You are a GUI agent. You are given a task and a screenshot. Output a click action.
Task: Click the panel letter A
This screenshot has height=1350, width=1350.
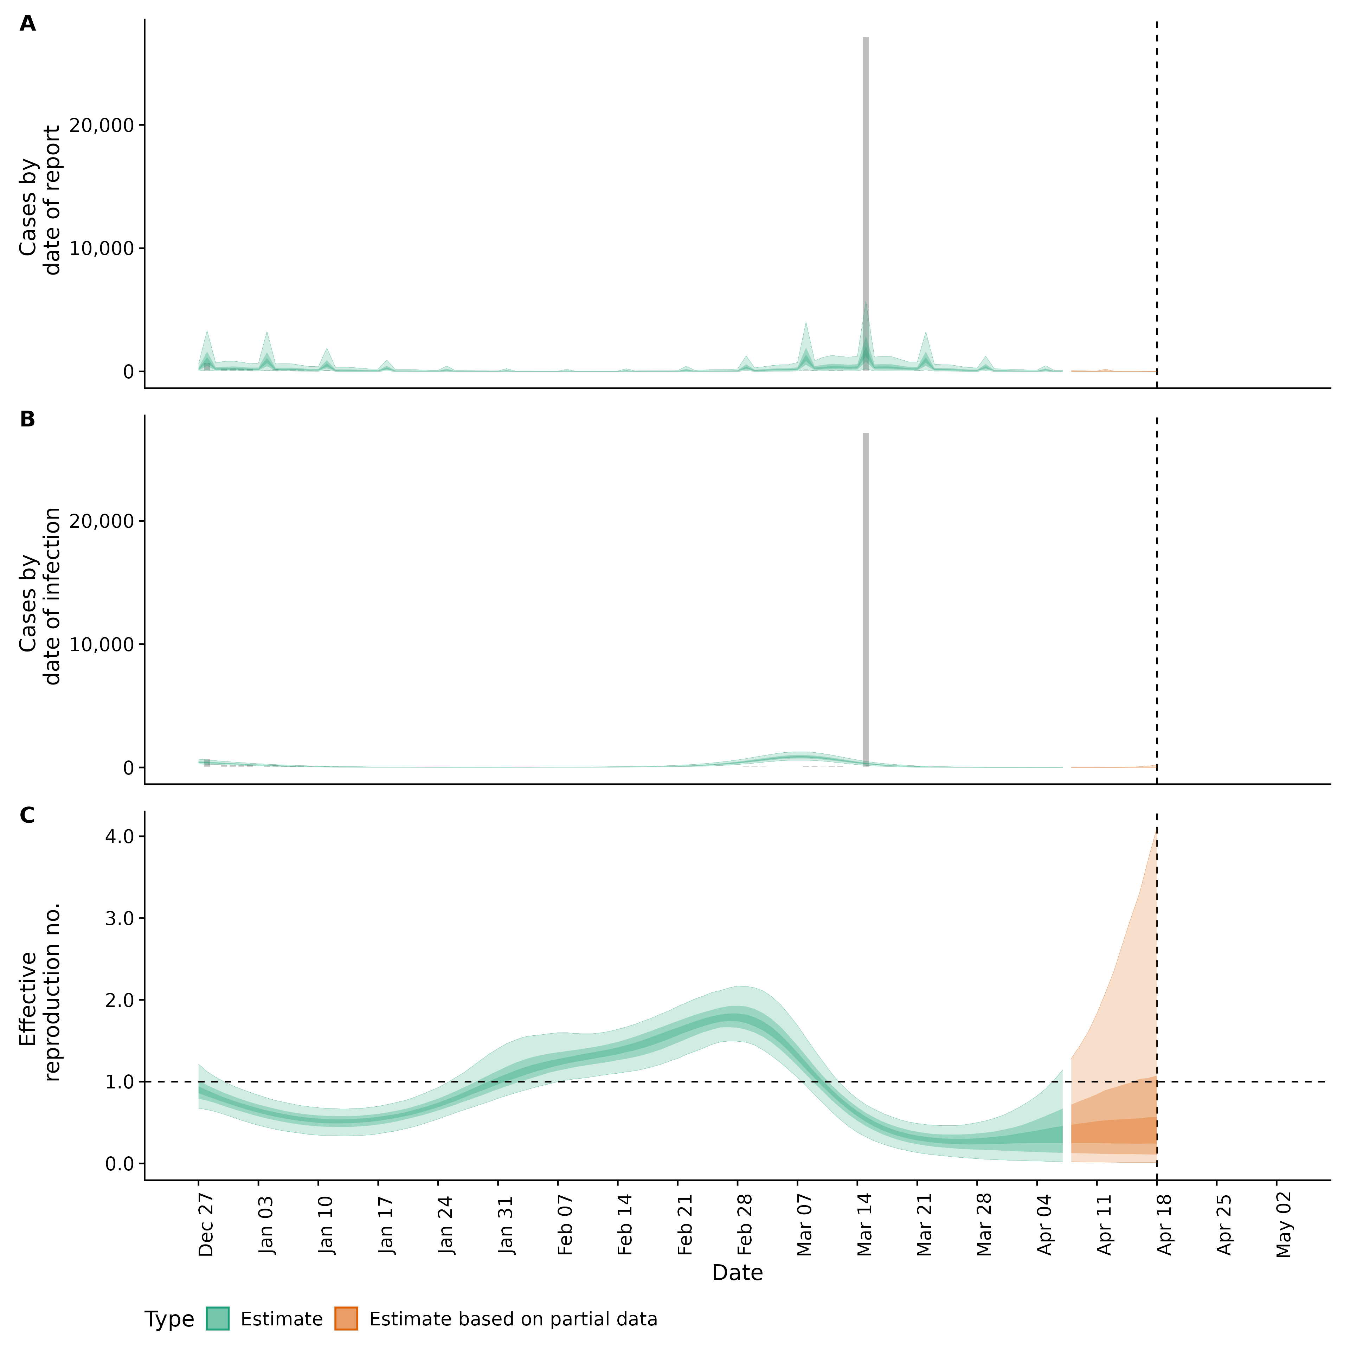click(x=27, y=24)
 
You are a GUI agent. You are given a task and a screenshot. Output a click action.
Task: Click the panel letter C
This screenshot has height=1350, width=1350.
click(x=27, y=816)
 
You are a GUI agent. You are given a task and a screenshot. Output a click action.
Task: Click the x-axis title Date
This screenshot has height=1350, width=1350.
click(x=737, y=1273)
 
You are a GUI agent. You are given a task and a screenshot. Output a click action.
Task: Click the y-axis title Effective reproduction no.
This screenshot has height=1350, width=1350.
click(x=40, y=992)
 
